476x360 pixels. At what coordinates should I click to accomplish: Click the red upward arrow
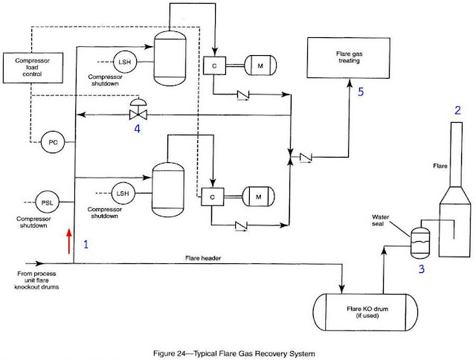(x=69, y=241)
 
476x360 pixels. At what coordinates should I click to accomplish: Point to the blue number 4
(x=137, y=129)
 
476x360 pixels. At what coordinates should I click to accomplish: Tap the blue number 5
(x=361, y=91)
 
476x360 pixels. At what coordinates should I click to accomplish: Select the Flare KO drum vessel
(x=365, y=312)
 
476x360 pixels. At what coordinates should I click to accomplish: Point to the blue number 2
(x=457, y=110)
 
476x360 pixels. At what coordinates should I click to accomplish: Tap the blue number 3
(x=422, y=269)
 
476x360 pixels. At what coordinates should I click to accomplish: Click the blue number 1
(x=86, y=244)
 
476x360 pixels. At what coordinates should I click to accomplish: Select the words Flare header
(x=203, y=258)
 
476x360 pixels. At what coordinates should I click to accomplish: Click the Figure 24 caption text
(x=234, y=353)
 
